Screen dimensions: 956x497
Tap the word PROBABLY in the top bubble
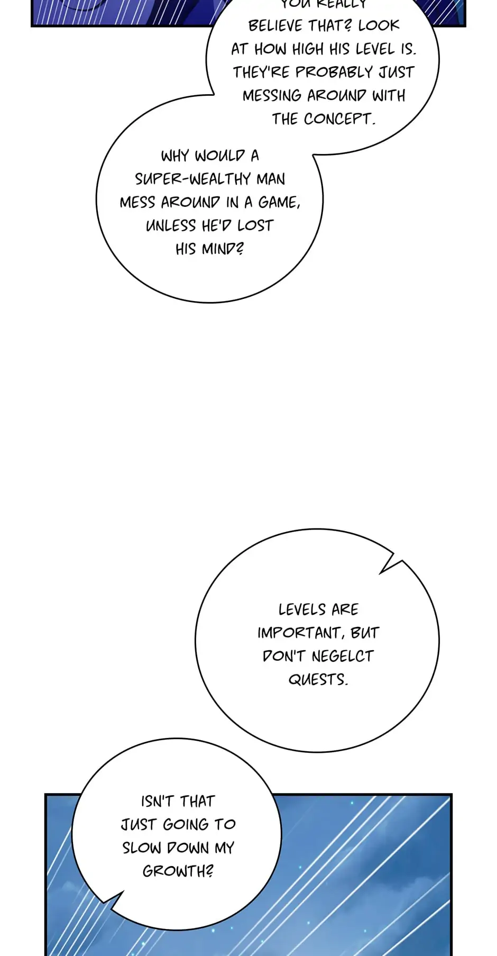pos(334,72)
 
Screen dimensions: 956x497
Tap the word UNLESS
pos(171,226)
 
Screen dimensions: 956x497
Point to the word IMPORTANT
pos(299,633)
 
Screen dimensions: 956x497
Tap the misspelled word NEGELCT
pos(343,656)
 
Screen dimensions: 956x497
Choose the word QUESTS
pos(318,679)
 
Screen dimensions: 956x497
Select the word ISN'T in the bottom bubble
pos(157,802)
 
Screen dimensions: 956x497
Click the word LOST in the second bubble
pos(255,226)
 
